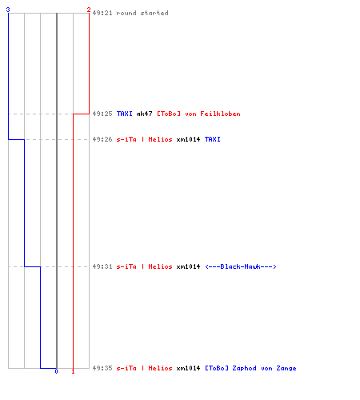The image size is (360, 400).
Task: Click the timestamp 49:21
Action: click(102, 13)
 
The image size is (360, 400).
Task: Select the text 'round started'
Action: click(142, 13)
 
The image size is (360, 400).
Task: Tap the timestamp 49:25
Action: click(102, 114)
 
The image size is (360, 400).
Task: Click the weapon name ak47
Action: click(144, 114)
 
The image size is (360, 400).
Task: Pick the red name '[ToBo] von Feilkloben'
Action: click(198, 114)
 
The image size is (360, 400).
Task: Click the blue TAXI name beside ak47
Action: click(125, 114)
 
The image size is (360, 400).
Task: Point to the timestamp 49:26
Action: click(102, 139)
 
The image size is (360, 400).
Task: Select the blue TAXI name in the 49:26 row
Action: click(213, 139)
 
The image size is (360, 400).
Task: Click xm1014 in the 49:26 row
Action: click(188, 139)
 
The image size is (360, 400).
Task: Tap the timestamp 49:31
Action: click(102, 266)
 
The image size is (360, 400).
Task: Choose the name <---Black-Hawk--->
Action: click(241, 266)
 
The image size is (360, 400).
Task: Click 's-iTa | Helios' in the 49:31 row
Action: click(144, 266)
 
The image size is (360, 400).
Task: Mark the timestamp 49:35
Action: click(102, 368)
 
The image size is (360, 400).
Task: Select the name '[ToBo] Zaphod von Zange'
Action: click(250, 368)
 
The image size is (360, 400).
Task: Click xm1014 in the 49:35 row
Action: click(188, 368)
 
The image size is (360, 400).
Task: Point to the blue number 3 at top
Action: click(8, 10)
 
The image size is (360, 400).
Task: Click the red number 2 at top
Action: click(89, 10)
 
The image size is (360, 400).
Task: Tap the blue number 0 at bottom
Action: click(56, 371)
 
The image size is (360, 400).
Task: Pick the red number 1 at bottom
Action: click(73, 371)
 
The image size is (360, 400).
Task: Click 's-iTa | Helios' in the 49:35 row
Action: click(144, 368)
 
